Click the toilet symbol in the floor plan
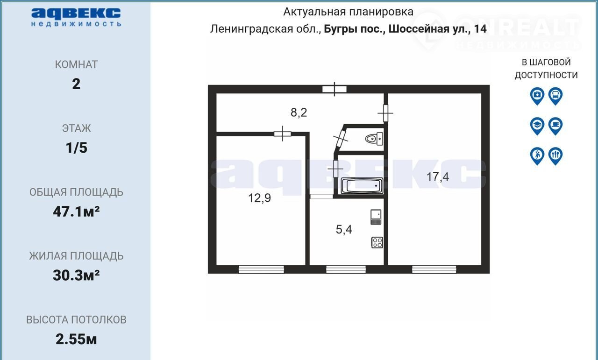point(374,139)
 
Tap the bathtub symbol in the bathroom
point(362,186)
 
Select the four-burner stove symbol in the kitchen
point(377,243)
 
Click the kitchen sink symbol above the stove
point(376,217)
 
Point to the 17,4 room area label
point(438,177)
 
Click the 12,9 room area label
point(259,198)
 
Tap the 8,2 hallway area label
point(299,113)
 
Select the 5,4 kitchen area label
point(344,230)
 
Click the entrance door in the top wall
point(335,89)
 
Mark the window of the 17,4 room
point(434,269)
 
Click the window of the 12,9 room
point(261,269)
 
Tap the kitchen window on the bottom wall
point(346,269)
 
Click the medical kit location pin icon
point(537,96)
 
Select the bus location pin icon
point(555,96)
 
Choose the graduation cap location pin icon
point(537,126)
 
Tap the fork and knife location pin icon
point(555,156)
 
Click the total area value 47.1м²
point(76,212)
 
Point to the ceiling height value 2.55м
point(76,339)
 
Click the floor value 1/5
point(76,148)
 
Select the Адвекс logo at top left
point(76,17)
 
